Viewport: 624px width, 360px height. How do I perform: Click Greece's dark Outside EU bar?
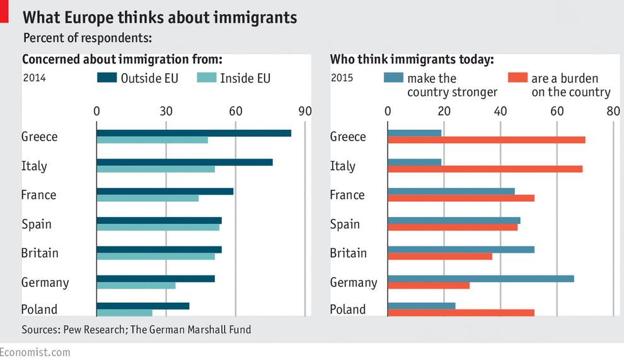(x=194, y=133)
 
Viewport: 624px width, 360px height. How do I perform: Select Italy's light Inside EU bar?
(x=156, y=169)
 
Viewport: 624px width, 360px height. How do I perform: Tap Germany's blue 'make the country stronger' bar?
(x=480, y=279)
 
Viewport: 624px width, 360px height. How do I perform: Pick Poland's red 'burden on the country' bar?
(x=461, y=313)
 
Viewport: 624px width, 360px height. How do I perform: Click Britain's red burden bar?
(x=439, y=256)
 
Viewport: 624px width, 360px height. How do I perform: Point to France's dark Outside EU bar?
(x=165, y=191)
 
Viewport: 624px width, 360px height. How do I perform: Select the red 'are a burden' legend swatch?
(x=517, y=78)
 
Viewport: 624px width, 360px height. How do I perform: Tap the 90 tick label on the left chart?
(x=305, y=111)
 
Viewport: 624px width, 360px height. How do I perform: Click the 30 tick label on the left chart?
(x=166, y=111)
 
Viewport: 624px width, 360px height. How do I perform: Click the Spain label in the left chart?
(x=37, y=224)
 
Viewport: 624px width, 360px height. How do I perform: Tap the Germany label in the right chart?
(x=354, y=282)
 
